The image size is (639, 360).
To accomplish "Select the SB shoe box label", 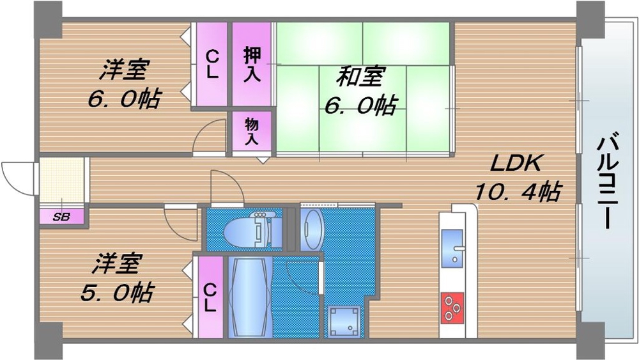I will click(61, 217).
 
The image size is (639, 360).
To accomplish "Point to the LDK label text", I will click(516, 164).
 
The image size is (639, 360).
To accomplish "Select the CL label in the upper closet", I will click(212, 65).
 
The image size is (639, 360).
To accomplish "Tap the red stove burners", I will click(453, 306).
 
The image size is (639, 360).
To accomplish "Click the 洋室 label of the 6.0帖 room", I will click(123, 70).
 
